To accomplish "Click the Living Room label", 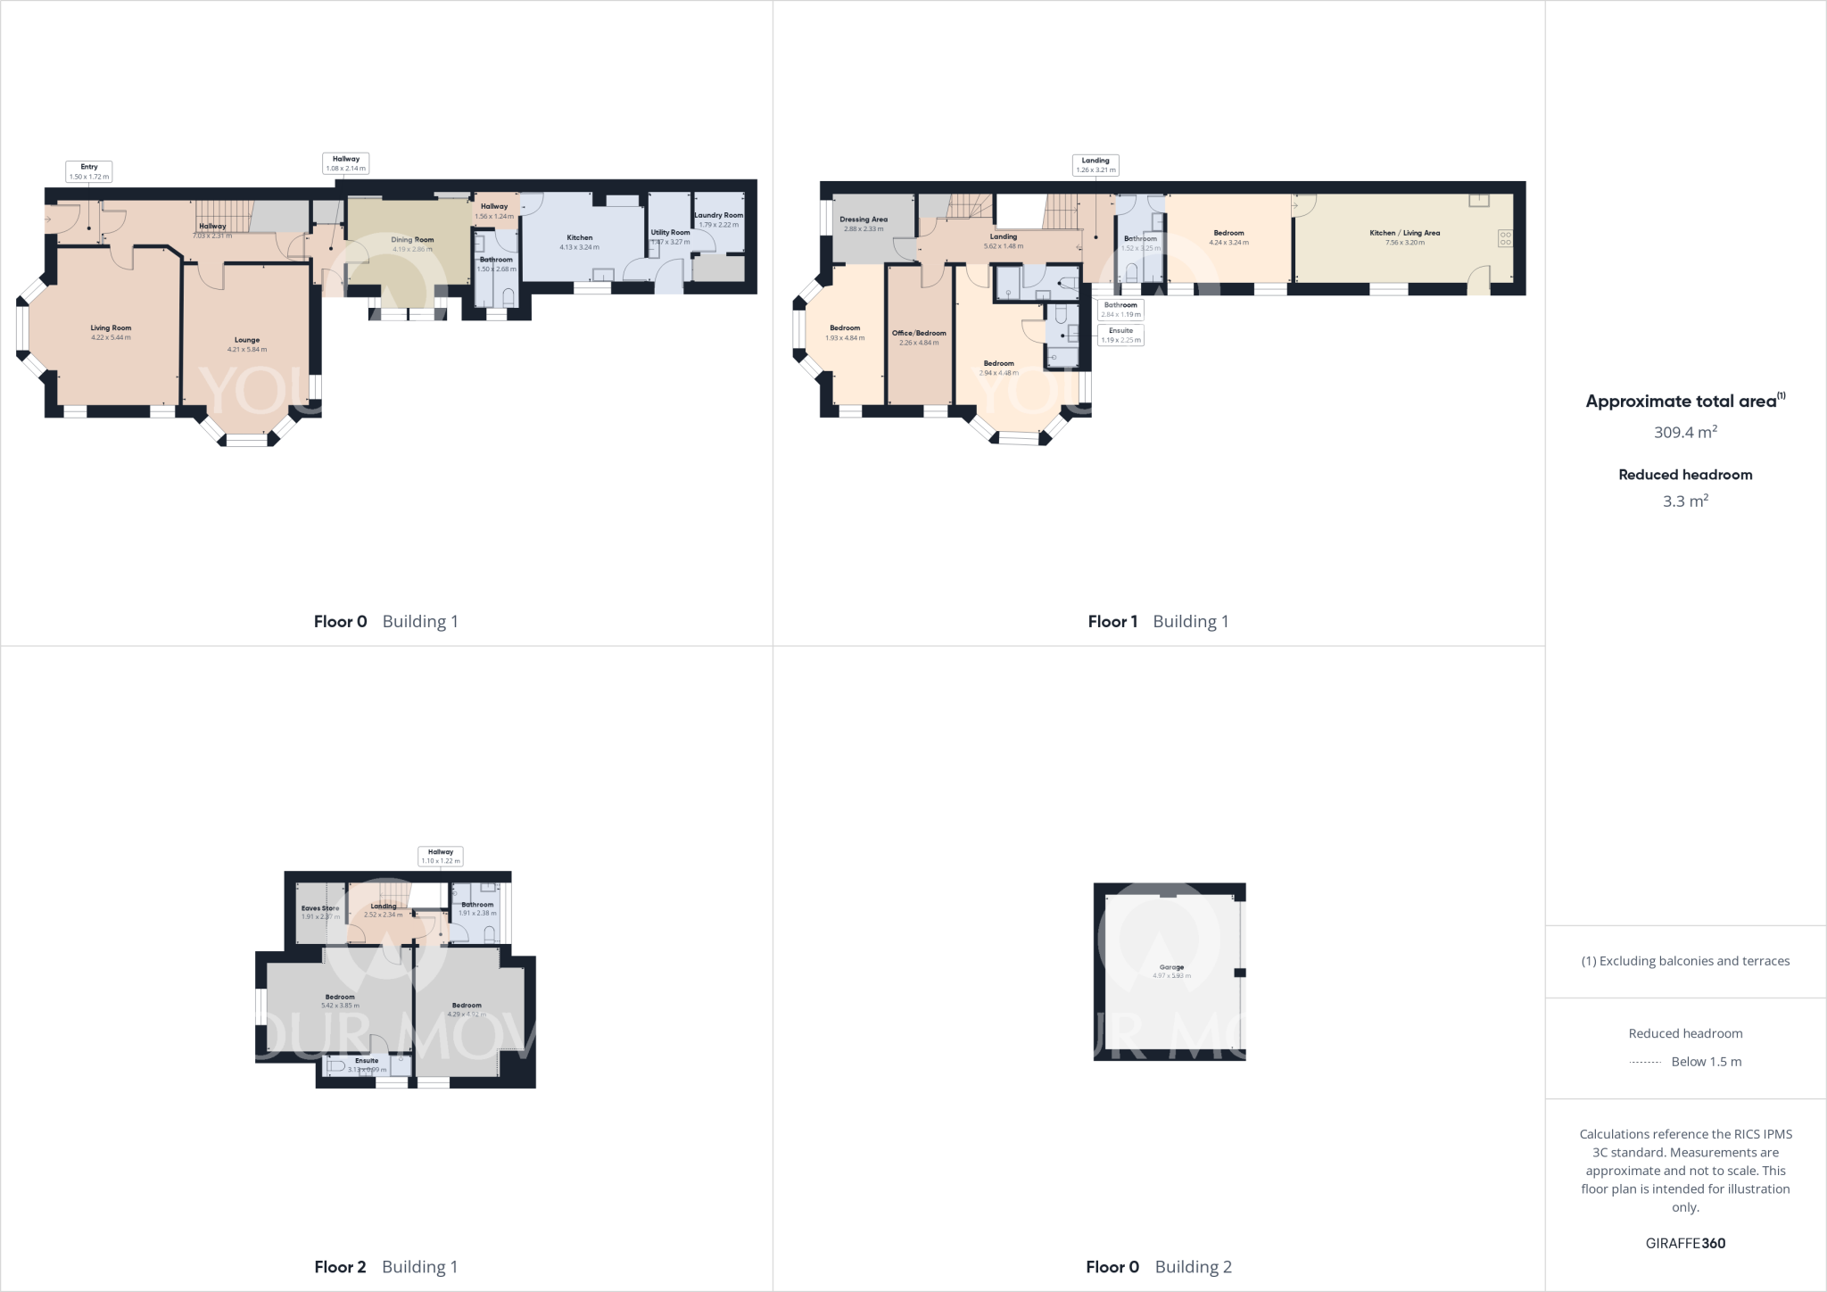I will point(111,328).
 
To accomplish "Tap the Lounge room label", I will point(247,340).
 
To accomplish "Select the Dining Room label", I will point(412,240).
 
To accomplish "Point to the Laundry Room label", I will point(719,215).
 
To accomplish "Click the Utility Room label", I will point(670,232).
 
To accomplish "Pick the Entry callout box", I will point(89,171).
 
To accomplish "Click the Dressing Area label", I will point(863,219).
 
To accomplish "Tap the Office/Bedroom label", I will point(919,333).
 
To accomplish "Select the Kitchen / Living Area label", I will point(1404,233).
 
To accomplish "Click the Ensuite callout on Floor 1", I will point(1120,335).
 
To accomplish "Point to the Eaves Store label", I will point(320,908).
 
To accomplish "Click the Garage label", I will point(1171,967).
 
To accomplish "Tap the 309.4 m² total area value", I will point(1685,432).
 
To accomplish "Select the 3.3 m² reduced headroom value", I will point(1685,501).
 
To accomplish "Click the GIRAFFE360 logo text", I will point(1685,1243).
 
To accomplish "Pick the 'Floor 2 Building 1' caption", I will point(385,1266).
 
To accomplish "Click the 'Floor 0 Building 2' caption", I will point(1158,1266).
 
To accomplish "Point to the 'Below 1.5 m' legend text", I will point(1706,1062).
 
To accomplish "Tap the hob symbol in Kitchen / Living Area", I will point(1505,238).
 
